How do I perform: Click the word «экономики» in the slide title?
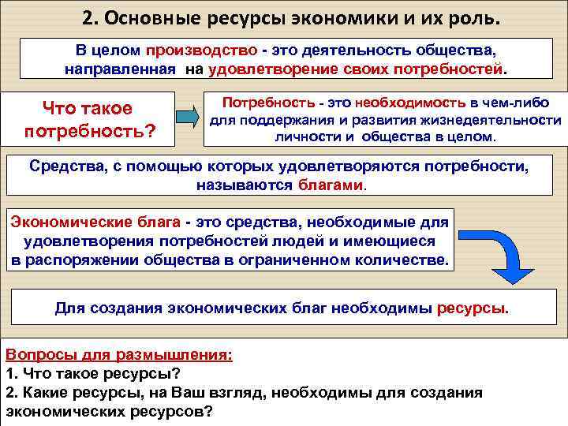[305, 17]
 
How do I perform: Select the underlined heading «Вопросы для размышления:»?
[118, 355]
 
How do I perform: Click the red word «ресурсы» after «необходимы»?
[470, 308]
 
